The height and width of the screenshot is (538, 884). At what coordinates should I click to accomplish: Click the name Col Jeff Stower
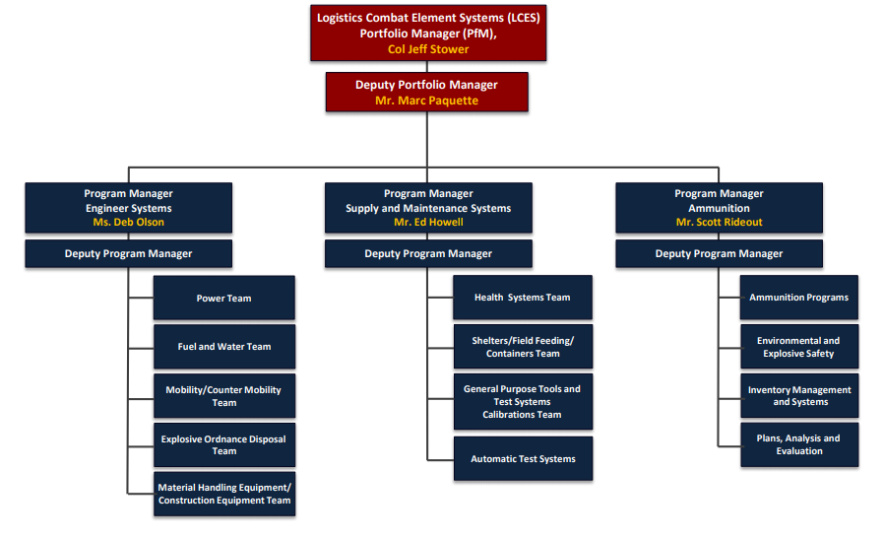coord(428,49)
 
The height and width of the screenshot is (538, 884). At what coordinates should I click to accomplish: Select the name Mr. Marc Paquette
coord(426,101)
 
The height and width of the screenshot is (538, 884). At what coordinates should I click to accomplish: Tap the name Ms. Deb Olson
coord(128,222)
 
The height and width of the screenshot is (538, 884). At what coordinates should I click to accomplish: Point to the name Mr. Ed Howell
coord(428,222)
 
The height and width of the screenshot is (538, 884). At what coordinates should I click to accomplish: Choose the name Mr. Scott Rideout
coord(719,222)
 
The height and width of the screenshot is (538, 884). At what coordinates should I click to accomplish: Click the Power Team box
coord(223,298)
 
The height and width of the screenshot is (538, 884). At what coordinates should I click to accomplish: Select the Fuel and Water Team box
coord(223,347)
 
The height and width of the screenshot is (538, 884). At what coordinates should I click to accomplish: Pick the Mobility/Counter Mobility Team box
coord(223,396)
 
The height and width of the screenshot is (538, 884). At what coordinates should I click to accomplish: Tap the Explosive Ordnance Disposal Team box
coord(223,445)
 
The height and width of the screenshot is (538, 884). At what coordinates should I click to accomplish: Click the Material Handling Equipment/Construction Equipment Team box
coord(223,494)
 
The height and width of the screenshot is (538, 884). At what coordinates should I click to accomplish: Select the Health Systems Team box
coord(523,298)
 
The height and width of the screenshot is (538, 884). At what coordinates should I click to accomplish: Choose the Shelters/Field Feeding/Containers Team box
coord(523,347)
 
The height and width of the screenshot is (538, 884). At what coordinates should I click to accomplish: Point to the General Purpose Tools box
coord(523,401)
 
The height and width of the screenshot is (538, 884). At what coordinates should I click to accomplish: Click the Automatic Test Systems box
coord(523,458)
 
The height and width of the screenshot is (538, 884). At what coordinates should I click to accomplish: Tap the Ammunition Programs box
coord(798,298)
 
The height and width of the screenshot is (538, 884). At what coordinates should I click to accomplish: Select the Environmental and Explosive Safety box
coord(798,347)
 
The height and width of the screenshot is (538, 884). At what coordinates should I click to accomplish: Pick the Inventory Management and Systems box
coord(798,396)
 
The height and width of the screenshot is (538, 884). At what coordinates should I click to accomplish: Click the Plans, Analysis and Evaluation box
coord(798,444)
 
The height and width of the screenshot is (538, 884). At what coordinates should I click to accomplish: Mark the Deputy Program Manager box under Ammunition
coord(719,254)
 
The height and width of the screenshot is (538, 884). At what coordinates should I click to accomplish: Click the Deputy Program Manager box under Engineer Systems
coord(128,254)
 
